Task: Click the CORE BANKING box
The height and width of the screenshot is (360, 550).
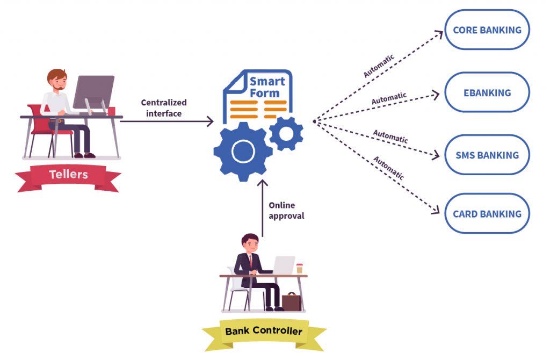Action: click(x=487, y=30)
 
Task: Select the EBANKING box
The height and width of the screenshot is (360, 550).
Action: click(x=487, y=92)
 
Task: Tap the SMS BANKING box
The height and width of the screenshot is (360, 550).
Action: click(x=487, y=155)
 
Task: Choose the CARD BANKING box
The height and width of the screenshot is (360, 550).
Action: click(x=487, y=214)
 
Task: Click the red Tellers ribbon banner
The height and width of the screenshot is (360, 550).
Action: click(x=68, y=175)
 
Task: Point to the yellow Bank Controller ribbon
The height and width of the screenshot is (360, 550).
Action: click(x=264, y=332)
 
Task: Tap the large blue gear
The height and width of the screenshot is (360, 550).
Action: click(x=243, y=152)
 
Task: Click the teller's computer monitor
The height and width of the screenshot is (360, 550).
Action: click(x=93, y=92)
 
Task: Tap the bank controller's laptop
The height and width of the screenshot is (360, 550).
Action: click(x=284, y=265)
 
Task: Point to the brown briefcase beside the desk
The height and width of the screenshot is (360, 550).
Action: click(x=291, y=302)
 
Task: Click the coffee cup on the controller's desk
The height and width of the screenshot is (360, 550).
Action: click(x=299, y=268)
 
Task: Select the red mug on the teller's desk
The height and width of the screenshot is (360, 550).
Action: click(x=111, y=111)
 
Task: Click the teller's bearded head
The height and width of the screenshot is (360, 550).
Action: click(x=56, y=80)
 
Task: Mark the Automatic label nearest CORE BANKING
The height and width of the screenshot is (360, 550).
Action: click(x=379, y=65)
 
